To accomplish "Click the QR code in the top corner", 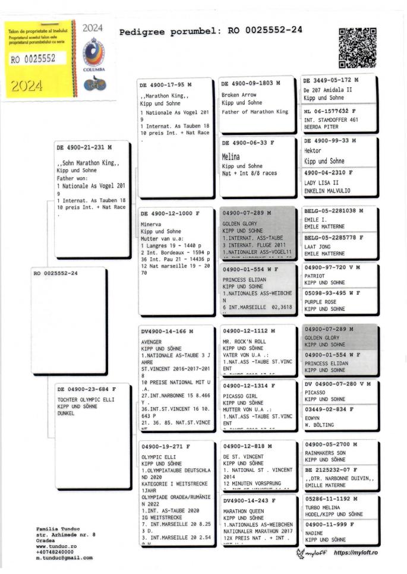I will click(358, 48).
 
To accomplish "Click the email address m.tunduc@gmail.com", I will click(64, 558).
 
